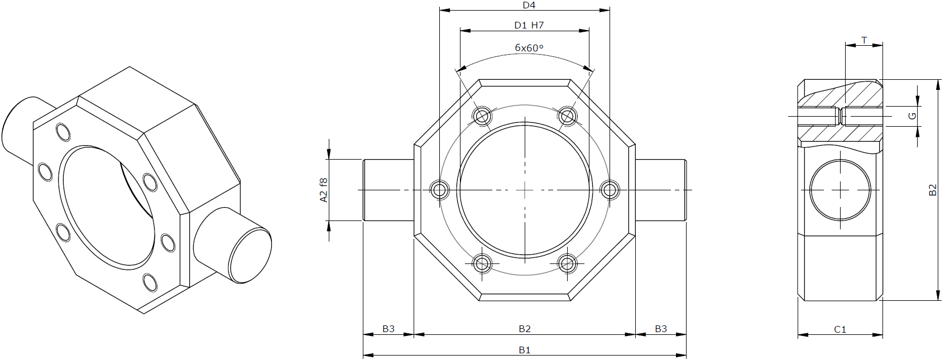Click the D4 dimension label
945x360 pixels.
pos(529,5)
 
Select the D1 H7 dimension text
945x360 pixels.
pos(529,25)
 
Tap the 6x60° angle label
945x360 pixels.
pos(529,47)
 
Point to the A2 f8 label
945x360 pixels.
pos(324,190)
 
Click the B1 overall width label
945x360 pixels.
pos(524,350)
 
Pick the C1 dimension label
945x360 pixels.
pos(840,329)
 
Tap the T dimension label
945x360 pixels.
pos(864,41)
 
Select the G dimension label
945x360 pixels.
pos(913,116)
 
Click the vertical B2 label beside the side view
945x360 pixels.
pos(933,190)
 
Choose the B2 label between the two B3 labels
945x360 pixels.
pos(524,329)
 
